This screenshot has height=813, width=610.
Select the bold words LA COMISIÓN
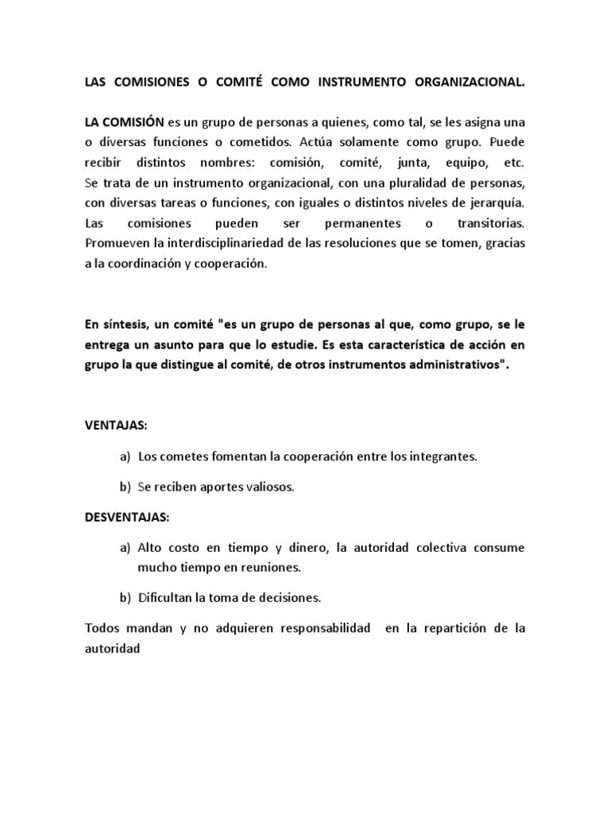coord(124,121)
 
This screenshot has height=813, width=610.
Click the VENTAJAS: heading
coord(116,426)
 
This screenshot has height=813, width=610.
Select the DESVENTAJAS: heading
coord(127,517)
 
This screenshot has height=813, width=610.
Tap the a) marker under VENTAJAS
coord(125,457)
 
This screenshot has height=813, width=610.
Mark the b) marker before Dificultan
coord(125,597)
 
